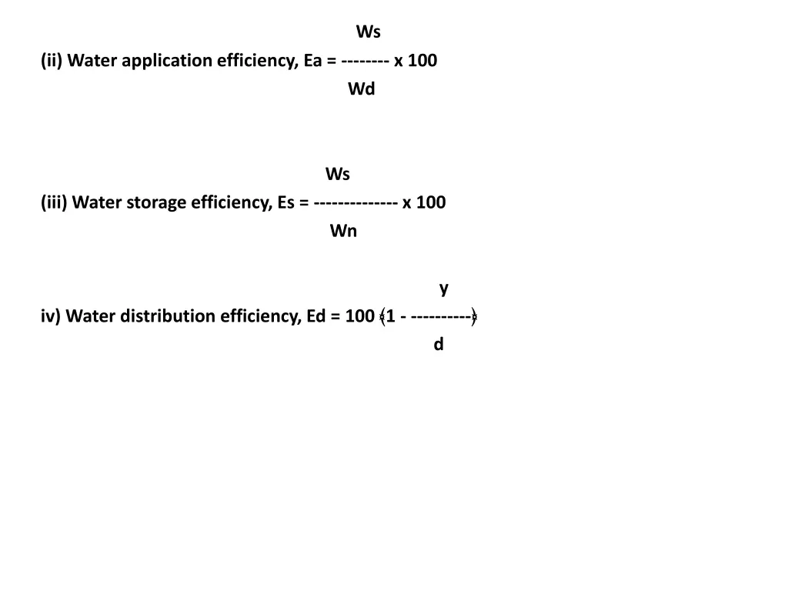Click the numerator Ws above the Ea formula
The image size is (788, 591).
pos(368,32)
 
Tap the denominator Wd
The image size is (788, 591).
pos(361,89)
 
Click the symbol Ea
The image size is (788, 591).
pos(312,61)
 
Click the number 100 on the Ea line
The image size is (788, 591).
pos(422,61)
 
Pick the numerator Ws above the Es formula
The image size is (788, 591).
pos(337,175)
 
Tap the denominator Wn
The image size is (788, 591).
pos(343,232)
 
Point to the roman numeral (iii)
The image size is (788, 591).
pos(55,203)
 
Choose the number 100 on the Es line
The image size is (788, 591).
pos(431,203)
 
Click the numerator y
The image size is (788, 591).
pos(444,288)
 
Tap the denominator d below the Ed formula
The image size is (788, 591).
pos(439,345)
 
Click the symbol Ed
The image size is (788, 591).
pos(316,316)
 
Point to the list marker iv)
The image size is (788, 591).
pos(51,316)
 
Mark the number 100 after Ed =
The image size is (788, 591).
pos(360,316)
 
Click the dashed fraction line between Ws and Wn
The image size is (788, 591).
pos(356,203)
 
